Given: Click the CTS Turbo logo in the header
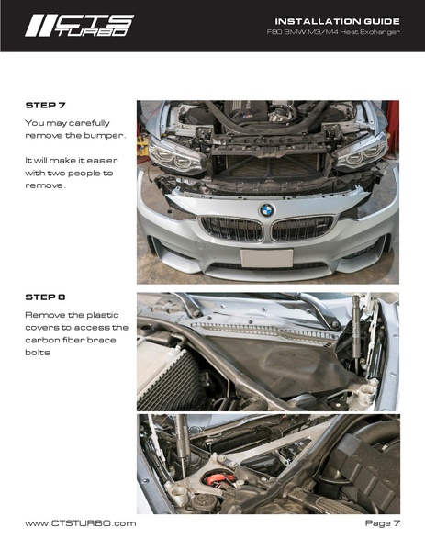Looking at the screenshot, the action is click(x=80, y=26).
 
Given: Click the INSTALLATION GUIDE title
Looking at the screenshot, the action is click(x=337, y=21).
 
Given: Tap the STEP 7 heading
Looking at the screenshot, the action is click(x=46, y=105).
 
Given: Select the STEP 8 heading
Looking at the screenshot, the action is click(x=45, y=297).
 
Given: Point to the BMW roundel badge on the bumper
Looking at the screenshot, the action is click(x=267, y=210).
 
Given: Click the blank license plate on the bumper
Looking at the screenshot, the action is click(x=267, y=258).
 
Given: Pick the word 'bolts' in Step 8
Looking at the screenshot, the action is click(x=38, y=353).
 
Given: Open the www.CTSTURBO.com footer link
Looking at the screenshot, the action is click(x=81, y=523).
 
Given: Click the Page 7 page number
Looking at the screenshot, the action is click(x=382, y=523).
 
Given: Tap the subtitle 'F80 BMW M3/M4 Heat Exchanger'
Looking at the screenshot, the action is click(x=333, y=32).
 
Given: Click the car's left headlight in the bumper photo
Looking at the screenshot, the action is click(x=361, y=152).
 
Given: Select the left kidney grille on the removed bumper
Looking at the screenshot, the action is click(x=231, y=229).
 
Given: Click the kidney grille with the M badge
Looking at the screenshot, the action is click(x=302, y=228).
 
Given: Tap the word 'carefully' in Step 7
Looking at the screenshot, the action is click(x=89, y=123).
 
